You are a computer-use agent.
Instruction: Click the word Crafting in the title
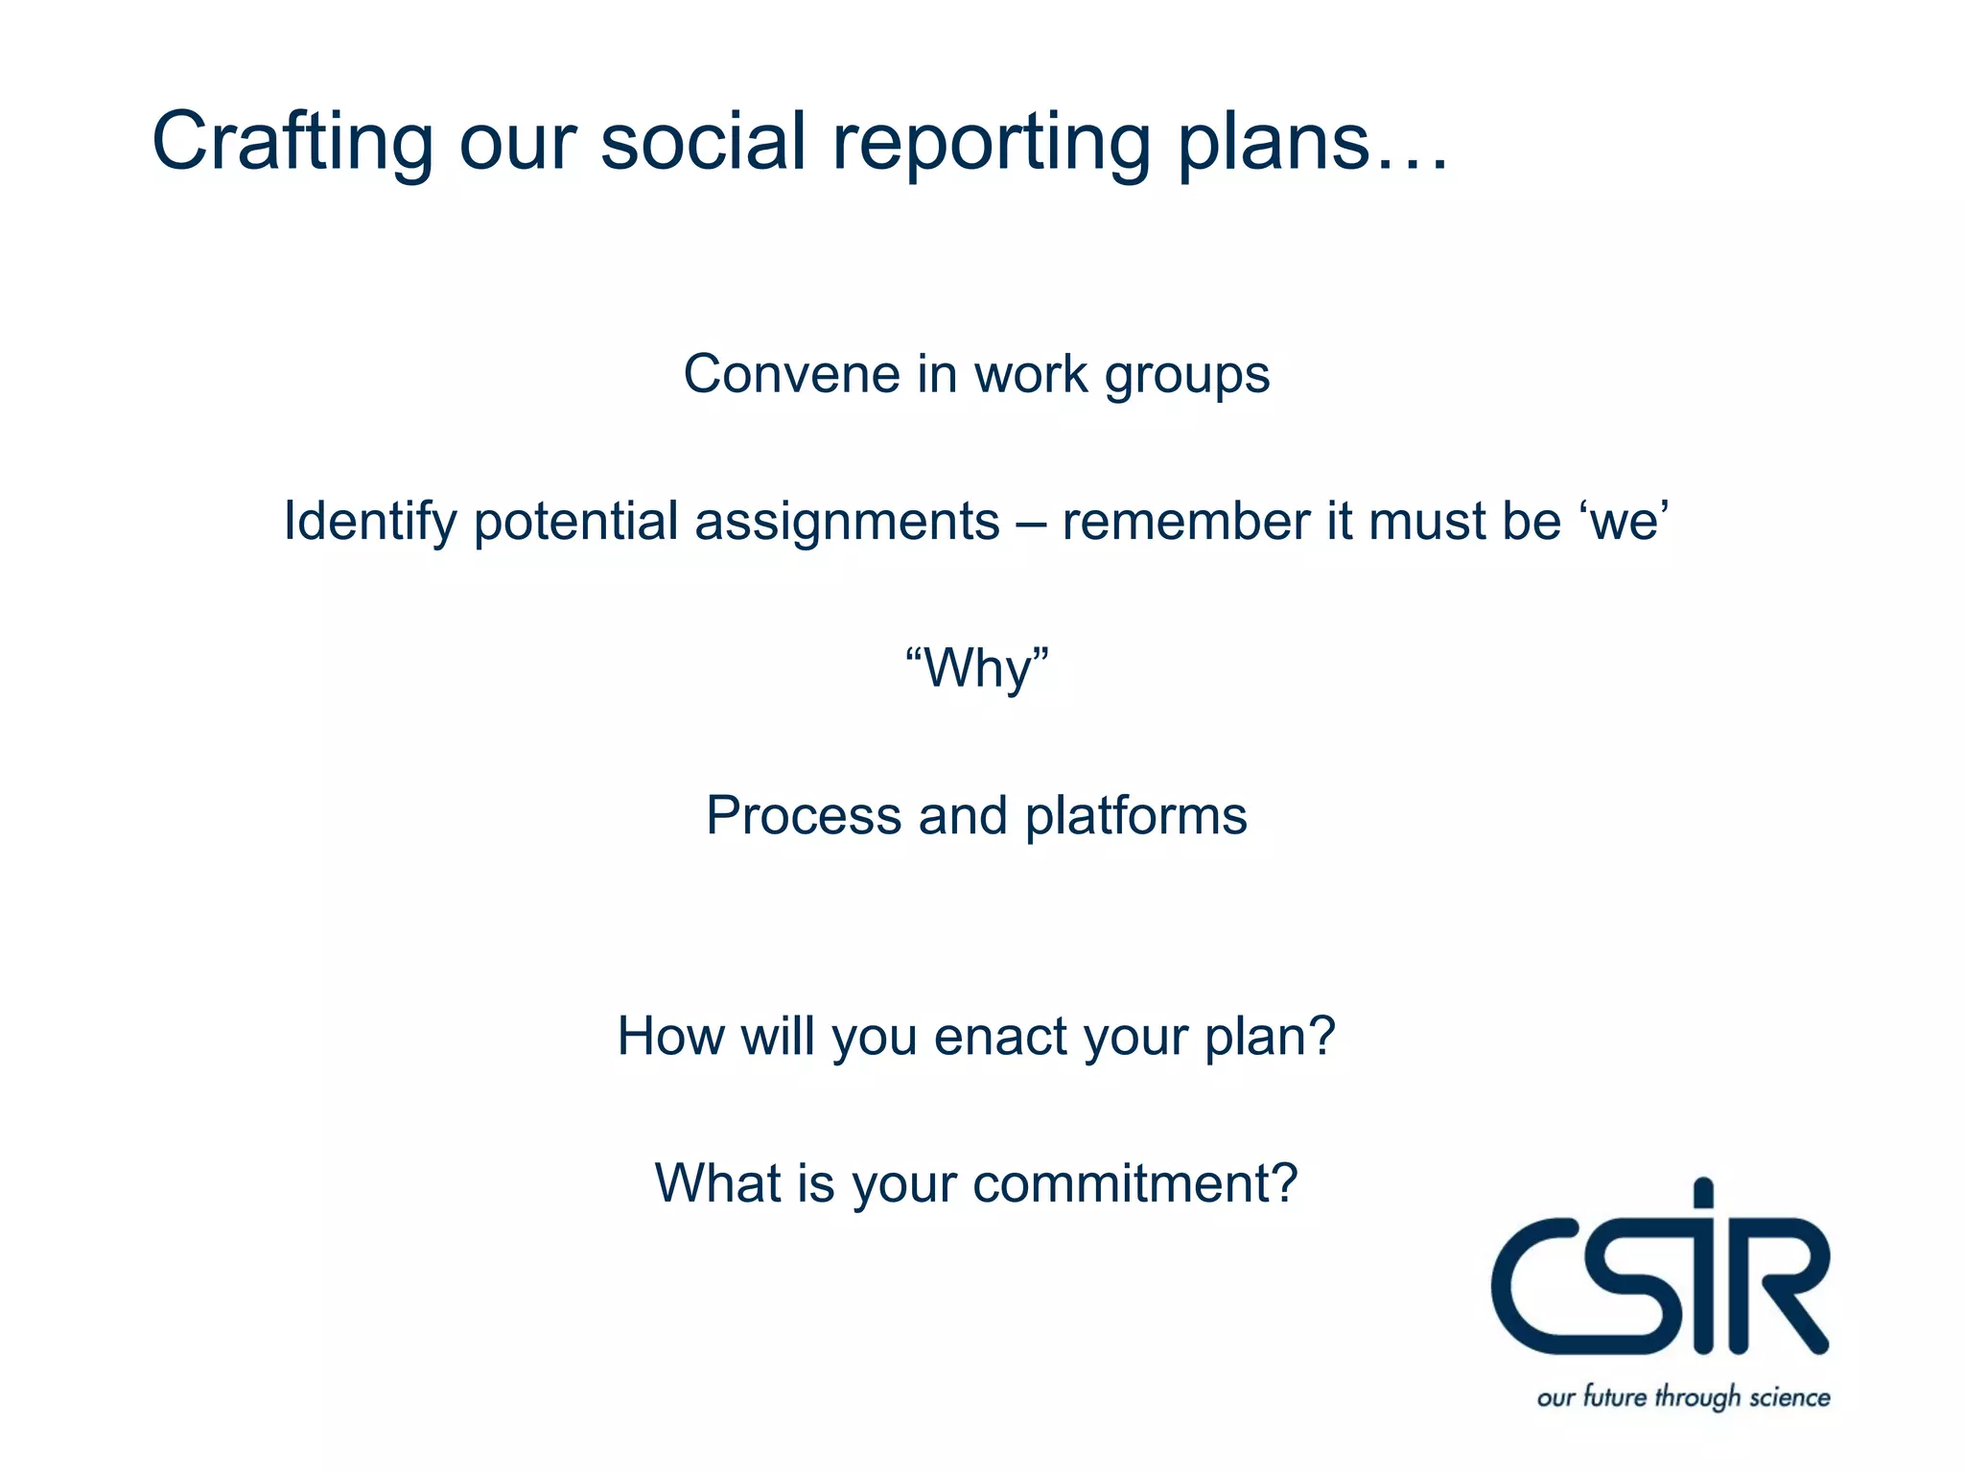[292, 142]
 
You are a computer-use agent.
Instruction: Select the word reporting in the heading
[990, 142]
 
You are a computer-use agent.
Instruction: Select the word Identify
[369, 523]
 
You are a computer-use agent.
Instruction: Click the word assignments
[846, 523]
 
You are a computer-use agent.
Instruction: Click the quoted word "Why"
[976, 668]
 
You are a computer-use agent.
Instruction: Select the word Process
[803, 816]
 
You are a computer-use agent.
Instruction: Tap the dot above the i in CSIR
[1703, 1195]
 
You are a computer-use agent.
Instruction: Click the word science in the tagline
[1789, 1397]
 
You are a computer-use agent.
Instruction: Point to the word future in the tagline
[1614, 1395]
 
